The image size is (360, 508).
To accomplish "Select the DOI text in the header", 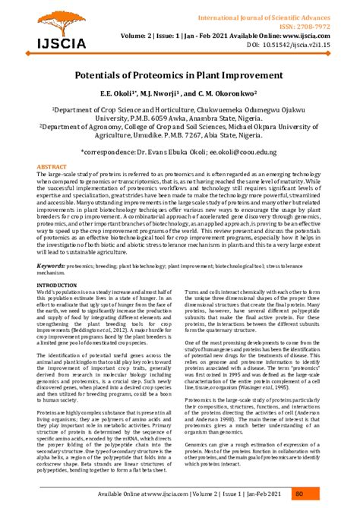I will coord(300,45).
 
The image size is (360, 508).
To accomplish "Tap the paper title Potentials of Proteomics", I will coord(179,77).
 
